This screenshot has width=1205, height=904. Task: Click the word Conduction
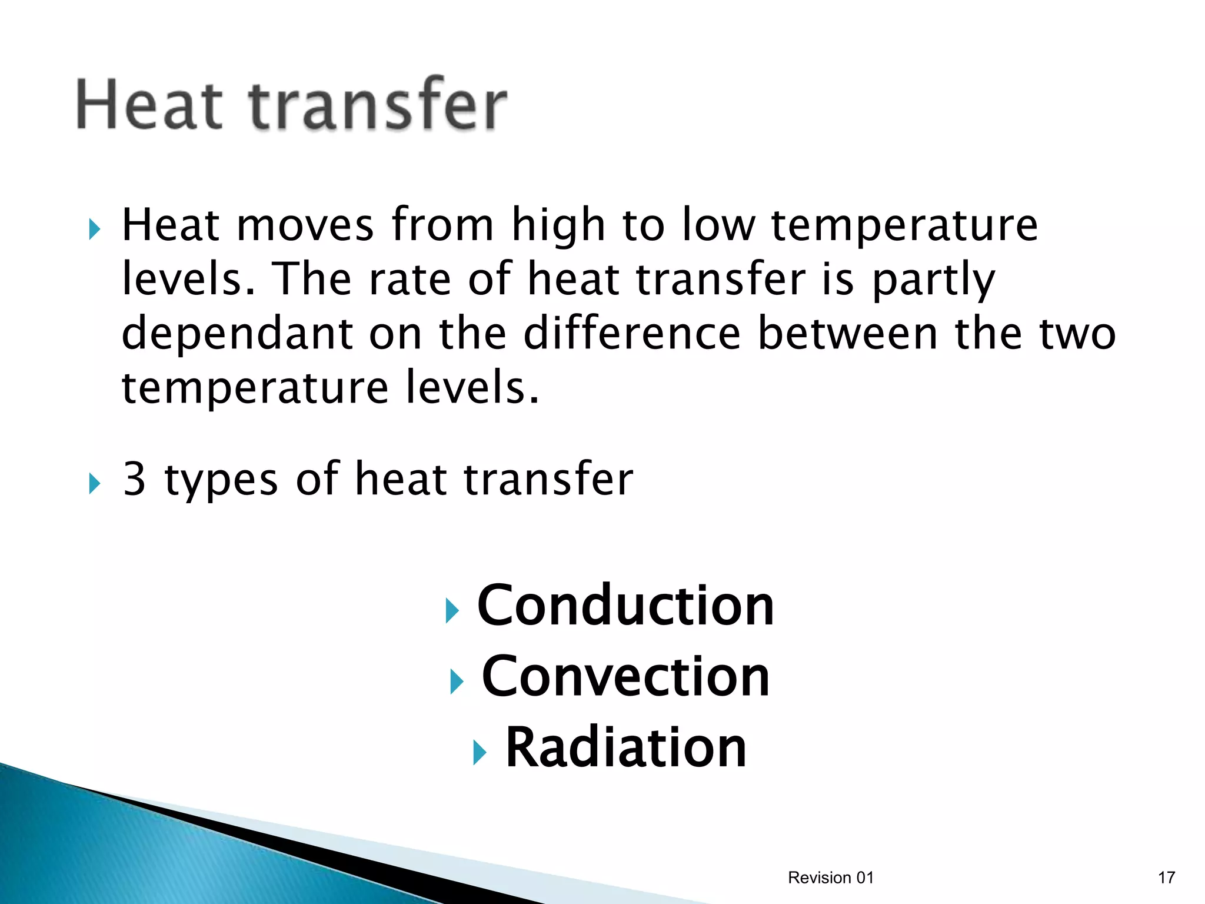(x=625, y=606)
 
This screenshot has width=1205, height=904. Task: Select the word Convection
(x=625, y=677)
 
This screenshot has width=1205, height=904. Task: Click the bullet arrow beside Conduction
(x=452, y=610)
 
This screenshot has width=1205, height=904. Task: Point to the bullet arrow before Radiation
(x=480, y=752)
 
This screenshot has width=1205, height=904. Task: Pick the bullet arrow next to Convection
(x=457, y=682)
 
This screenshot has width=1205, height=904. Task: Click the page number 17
(x=1166, y=878)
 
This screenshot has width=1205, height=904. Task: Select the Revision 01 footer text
(x=830, y=878)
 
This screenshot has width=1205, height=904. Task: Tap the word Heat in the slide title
(x=149, y=105)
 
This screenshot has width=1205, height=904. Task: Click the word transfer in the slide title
(x=377, y=105)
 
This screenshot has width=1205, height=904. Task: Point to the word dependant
(x=237, y=334)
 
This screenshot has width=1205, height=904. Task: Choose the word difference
(x=631, y=334)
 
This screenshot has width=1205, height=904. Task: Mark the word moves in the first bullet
(x=305, y=225)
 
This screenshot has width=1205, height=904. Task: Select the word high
(x=558, y=227)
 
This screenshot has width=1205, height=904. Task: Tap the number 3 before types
(x=134, y=479)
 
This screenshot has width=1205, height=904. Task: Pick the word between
(x=847, y=334)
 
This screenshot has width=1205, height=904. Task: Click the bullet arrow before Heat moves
(x=94, y=230)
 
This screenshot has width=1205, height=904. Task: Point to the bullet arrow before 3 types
(x=94, y=484)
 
